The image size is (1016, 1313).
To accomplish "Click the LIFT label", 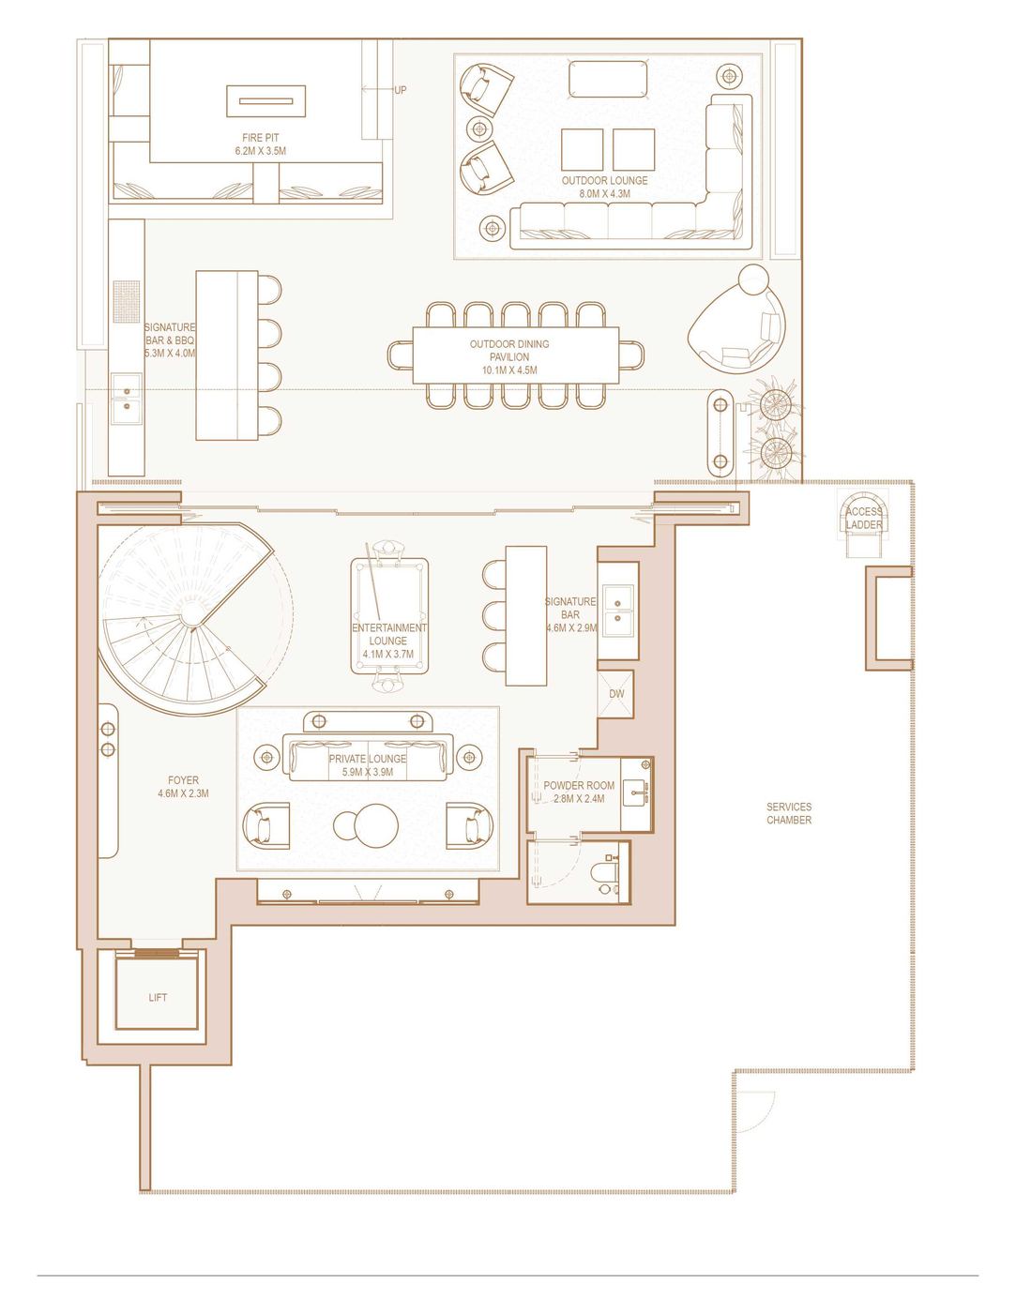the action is (x=158, y=997).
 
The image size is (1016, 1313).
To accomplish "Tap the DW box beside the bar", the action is (x=615, y=694).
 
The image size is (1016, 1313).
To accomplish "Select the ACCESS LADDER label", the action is (x=864, y=518).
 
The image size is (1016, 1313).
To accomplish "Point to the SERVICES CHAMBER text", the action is (x=789, y=813).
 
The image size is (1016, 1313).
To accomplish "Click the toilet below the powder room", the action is (x=607, y=872).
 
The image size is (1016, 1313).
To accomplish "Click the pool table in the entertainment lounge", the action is (x=389, y=616).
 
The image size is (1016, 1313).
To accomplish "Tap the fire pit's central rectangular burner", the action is (x=265, y=101).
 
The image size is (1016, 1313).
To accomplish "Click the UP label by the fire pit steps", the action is (x=400, y=90).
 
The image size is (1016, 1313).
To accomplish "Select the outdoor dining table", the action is (x=516, y=355).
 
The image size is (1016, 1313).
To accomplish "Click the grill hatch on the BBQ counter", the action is (x=127, y=302).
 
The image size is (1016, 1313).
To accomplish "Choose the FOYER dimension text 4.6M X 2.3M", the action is (x=183, y=793).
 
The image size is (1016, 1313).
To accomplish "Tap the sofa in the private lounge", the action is (x=368, y=758).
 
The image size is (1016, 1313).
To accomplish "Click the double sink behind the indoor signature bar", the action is (x=617, y=611).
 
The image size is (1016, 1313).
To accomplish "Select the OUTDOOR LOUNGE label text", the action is (x=604, y=180).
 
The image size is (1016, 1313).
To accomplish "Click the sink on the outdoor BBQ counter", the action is (x=127, y=399).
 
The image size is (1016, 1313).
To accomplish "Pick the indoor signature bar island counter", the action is (x=526, y=616).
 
